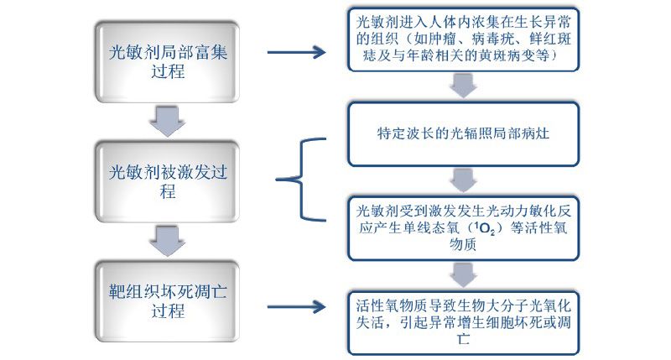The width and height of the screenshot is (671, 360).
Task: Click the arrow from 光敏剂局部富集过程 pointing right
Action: [x=296, y=52]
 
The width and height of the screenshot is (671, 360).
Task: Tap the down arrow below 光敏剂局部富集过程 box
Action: [x=168, y=120]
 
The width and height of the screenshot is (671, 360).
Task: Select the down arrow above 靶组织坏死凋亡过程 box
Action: [x=168, y=240]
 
